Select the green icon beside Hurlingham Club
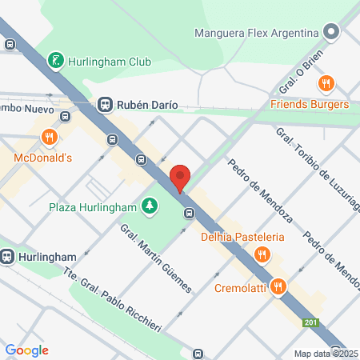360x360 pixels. point(55,60)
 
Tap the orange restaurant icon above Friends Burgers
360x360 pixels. point(326,83)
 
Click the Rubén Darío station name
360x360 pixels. point(149,104)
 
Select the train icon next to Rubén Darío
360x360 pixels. point(105,104)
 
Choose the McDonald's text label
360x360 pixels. point(43,158)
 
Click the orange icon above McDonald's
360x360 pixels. point(50,137)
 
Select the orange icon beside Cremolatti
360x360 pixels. point(279,285)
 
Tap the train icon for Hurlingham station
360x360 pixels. point(8,257)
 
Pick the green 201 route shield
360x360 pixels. point(310,323)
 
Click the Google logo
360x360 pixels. point(26,350)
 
